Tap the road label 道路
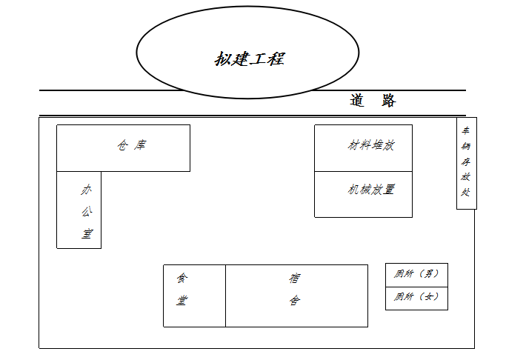pyautogui.click(x=373, y=101)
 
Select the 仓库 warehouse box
pyautogui.click(x=123, y=147)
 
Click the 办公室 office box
pyautogui.click(x=79, y=210)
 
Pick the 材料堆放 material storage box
pyautogui.click(x=363, y=147)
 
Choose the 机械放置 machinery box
pyautogui.click(x=363, y=194)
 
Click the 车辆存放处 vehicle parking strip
pyautogui.click(x=466, y=163)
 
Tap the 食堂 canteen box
pyautogui.click(x=194, y=295)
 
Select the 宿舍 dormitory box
pyautogui.click(x=296, y=295)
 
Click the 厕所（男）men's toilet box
pyautogui.click(x=416, y=275)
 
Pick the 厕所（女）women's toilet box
pyautogui.click(x=416, y=298)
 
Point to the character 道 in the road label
pyautogui.click(x=357, y=101)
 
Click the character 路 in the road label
pyautogui.click(x=389, y=101)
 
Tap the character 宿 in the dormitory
pyautogui.click(x=295, y=279)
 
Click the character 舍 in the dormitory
pyautogui.click(x=295, y=301)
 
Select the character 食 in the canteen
pyautogui.click(x=182, y=279)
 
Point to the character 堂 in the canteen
pyautogui.click(x=182, y=301)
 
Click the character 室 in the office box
pyautogui.click(x=87, y=235)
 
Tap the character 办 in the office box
pyautogui.click(x=87, y=190)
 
